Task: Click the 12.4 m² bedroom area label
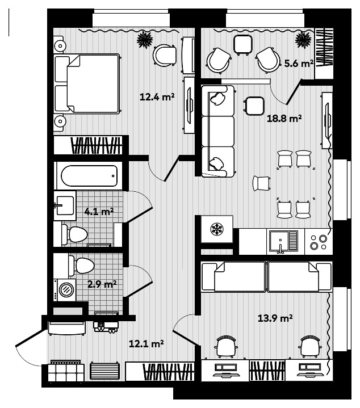pyautogui.click(x=156, y=97)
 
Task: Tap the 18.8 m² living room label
pyautogui.click(x=284, y=119)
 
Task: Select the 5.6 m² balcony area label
pyautogui.click(x=299, y=64)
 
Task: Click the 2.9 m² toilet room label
pyautogui.click(x=102, y=283)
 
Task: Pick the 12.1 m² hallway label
pyautogui.click(x=146, y=343)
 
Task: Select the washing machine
pyautogui.click(x=66, y=289)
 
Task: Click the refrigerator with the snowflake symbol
pyautogui.click(x=216, y=230)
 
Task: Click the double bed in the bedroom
pyautogui.click(x=87, y=84)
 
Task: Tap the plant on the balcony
pyautogui.click(x=303, y=39)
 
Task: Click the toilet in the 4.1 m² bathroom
pyautogui.click(x=73, y=233)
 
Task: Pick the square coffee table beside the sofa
pyautogui.click(x=254, y=104)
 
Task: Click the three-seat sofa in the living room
pyautogui.click(x=218, y=130)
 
